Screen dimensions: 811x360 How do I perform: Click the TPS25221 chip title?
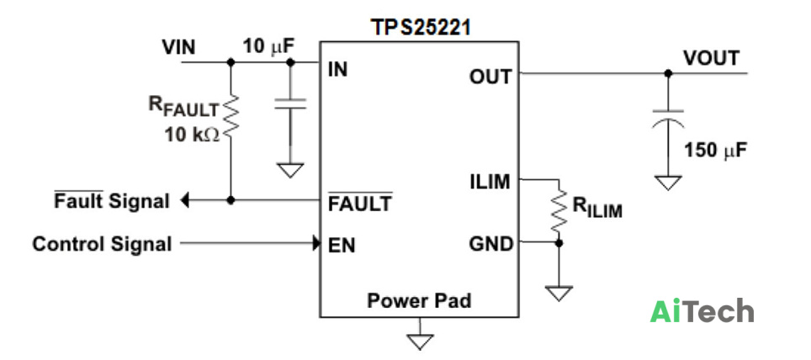tap(421, 28)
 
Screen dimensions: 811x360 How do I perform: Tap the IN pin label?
tap(337, 70)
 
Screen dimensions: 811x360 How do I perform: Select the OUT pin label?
tap(490, 77)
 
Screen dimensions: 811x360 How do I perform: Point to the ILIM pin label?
tap(490, 182)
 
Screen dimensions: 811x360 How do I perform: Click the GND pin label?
tap(490, 244)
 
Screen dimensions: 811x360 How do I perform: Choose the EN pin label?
tap(342, 245)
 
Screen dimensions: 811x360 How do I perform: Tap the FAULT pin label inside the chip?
tap(360, 203)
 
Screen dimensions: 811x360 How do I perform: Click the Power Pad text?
tap(419, 300)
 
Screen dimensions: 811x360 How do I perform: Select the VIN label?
tap(179, 48)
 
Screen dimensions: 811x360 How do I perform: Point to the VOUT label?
tap(711, 58)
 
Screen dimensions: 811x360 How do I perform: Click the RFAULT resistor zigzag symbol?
tap(231, 117)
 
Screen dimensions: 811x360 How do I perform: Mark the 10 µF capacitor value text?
tap(268, 46)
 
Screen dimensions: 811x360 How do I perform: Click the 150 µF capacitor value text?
tap(715, 151)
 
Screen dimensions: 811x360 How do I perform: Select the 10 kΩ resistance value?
tap(192, 135)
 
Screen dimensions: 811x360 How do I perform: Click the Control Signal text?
tap(102, 244)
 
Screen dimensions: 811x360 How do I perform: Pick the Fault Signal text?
tap(112, 201)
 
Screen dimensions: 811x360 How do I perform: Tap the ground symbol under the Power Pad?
tap(420, 342)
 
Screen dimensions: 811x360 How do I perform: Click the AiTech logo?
tap(702, 311)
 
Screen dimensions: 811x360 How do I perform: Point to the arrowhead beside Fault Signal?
tap(184, 200)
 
